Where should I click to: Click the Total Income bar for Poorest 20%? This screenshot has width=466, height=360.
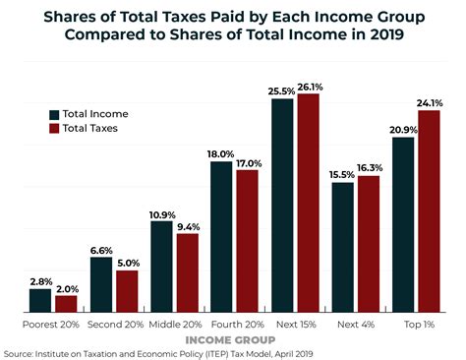40,300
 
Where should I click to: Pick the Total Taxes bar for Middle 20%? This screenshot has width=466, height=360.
187,272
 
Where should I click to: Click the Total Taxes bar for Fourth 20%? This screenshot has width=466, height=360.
247,240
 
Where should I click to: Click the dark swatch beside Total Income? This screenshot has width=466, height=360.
53,113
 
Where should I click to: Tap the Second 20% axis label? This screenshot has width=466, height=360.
114,323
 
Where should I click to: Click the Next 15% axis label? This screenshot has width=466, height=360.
295,323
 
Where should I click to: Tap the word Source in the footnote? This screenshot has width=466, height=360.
21,352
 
